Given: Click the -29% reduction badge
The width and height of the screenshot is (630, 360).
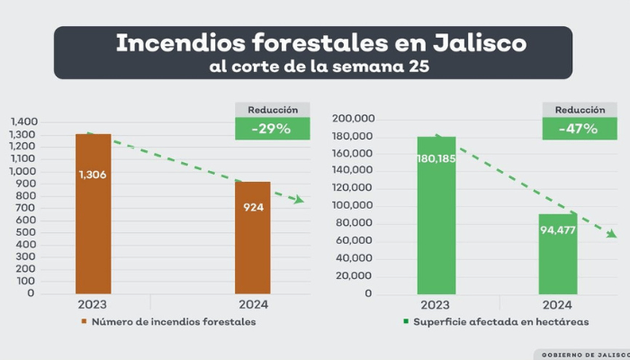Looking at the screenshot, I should pyautogui.click(x=271, y=129).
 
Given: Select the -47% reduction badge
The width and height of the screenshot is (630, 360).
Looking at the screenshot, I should pyautogui.click(x=578, y=129).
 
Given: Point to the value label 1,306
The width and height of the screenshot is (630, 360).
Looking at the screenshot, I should pyautogui.click(x=93, y=175).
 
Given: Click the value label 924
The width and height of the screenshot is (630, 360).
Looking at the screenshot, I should pyautogui.click(x=253, y=207).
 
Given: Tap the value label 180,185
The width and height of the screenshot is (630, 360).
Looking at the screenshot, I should pyautogui.click(x=436, y=158).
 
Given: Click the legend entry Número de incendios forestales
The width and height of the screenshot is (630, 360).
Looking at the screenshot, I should pyautogui.click(x=172, y=322).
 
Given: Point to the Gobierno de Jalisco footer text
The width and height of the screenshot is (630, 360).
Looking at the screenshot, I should pyautogui.click(x=585, y=354).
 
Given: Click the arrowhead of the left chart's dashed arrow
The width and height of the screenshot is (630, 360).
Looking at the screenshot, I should pyautogui.click(x=300, y=200).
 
